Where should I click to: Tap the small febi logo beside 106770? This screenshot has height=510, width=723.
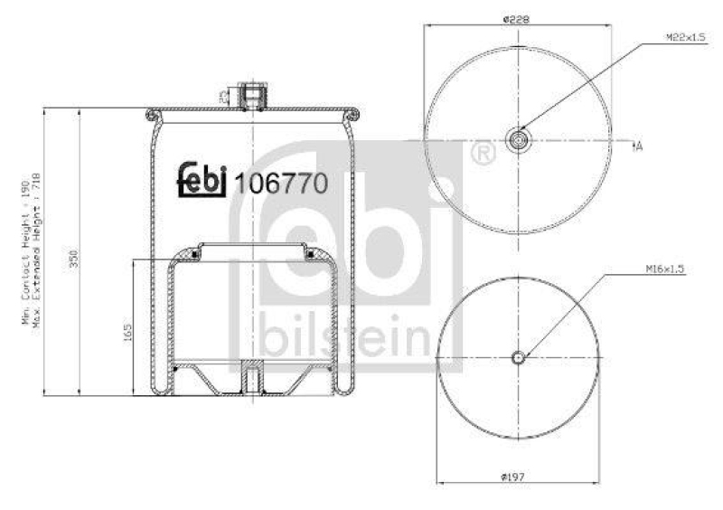point(201,179)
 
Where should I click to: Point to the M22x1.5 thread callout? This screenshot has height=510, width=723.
point(685,38)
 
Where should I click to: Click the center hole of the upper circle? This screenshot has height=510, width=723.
point(520,140)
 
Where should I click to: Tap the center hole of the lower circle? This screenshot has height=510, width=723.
point(519,357)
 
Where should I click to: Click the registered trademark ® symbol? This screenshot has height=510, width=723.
point(484,155)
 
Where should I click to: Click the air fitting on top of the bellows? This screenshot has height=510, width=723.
point(252,95)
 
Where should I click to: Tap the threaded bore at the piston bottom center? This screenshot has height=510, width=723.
point(253,375)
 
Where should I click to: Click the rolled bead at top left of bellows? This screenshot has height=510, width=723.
point(151,114)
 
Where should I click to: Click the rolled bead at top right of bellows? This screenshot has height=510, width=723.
point(355,114)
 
